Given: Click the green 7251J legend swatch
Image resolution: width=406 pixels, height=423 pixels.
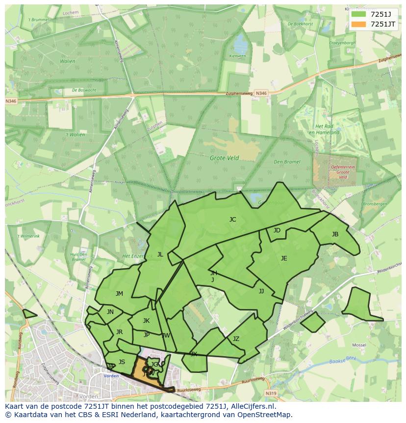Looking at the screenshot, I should pos(358,14).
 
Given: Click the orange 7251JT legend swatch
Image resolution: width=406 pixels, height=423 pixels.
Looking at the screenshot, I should pos(358,24).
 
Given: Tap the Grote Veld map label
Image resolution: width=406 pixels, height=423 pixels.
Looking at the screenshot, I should pos(224,158).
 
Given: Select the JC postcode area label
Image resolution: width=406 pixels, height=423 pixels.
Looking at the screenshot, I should pos(232,220).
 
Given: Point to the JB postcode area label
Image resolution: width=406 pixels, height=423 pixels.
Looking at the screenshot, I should pos(335,234).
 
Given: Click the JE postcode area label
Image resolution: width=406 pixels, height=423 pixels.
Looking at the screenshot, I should pos(284,258).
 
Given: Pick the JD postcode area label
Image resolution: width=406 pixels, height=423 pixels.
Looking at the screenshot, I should pos(277,230).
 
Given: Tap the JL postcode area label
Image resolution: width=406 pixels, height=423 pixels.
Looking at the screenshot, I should pos(160,254).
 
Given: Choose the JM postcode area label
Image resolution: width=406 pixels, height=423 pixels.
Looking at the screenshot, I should pos(119,294).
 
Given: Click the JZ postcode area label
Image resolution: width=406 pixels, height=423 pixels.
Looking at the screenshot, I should pos(236,339).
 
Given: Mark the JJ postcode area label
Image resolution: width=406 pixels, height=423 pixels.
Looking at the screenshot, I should pos(261,291).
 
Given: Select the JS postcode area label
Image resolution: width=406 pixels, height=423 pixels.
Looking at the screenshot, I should pos(122,362).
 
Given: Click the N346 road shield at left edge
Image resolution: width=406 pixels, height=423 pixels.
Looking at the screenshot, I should pos(11,101).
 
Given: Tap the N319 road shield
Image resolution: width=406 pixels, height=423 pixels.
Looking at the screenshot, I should pos(271,394).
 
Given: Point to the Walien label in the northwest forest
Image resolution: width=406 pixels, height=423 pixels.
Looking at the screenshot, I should pos(68,61).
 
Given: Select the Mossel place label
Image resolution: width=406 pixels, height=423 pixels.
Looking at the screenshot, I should pos(359,345).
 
